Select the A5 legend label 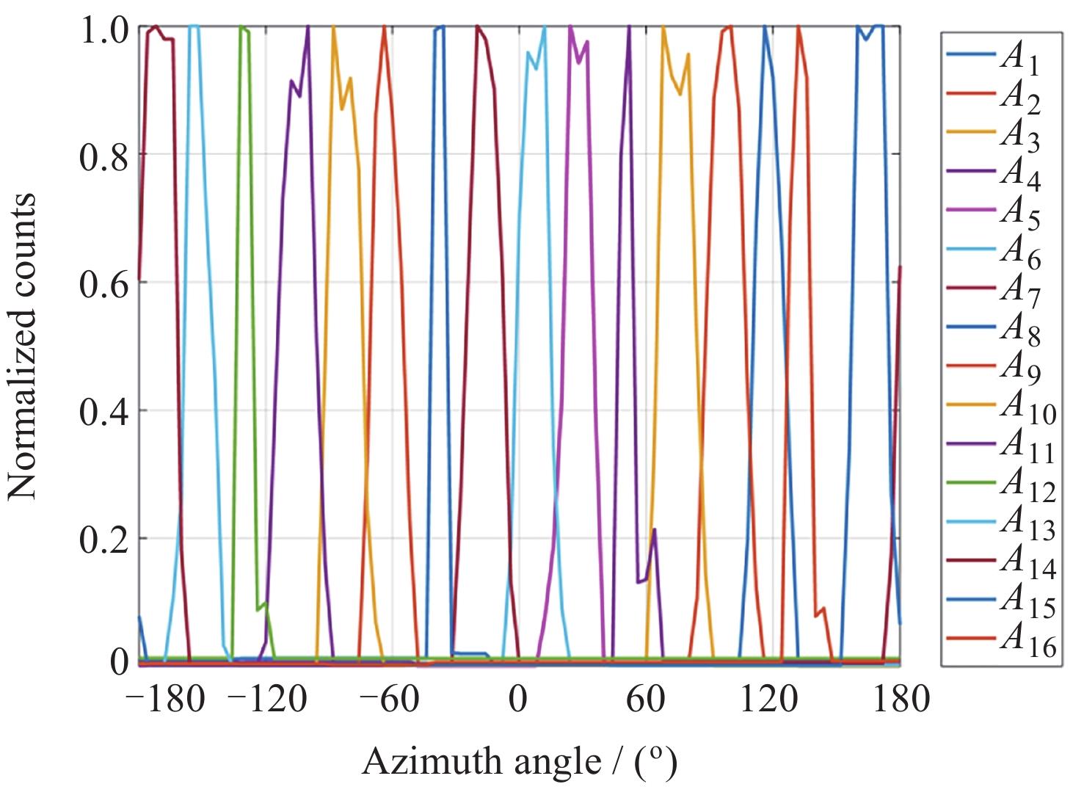click(x=1020, y=211)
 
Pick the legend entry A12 click(x=1027, y=484)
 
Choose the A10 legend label click(x=1027, y=407)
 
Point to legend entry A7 click(x=1020, y=289)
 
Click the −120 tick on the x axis click(x=267, y=698)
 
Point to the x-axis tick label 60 click(x=645, y=698)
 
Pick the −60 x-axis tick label click(x=389, y=698)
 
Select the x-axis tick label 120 click(x=768, y=698)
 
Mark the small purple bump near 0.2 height click(x=653, y=530)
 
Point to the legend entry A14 click(x=1027, y=562)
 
